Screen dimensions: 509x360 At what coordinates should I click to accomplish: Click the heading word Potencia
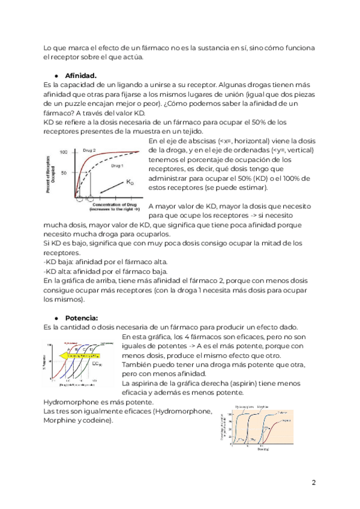pyautogui.click(x=82, y=318)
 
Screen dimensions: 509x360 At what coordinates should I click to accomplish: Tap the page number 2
pyautogui.click(x=314, y=483)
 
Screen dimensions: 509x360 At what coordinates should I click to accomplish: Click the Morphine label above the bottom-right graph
pyautogui.click(x=263, y=407)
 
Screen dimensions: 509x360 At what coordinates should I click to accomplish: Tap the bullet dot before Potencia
pyautogui.click(x=56, y=318)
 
